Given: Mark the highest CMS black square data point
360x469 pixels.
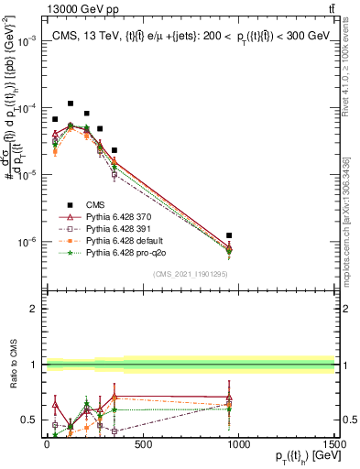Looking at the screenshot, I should click(x=71, y=104).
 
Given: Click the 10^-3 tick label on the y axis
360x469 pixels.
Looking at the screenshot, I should click(x=27, y=42).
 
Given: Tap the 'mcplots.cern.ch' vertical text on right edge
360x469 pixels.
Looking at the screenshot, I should click(x=353, y=220).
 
